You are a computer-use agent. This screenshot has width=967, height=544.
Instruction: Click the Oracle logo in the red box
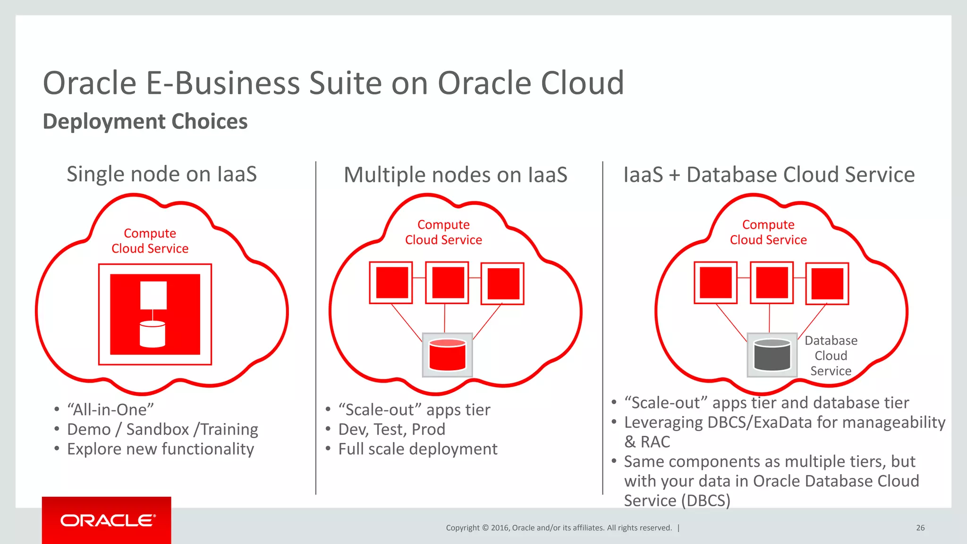108,520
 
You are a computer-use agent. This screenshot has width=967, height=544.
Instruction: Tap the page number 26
920,528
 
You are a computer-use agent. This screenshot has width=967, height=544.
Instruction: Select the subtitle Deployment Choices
145,121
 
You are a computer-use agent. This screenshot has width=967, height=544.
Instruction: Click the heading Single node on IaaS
161,174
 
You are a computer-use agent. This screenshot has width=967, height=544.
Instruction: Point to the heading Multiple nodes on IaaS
455,175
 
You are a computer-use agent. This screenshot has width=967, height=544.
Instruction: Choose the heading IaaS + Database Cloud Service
769,175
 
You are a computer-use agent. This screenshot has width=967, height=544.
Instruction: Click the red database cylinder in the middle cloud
447,355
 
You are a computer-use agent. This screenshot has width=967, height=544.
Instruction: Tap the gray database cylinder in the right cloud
772,355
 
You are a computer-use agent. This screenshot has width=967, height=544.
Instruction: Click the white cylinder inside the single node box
153,334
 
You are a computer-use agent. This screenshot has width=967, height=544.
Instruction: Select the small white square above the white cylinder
153,295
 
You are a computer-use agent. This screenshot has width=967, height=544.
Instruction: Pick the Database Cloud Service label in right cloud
831,356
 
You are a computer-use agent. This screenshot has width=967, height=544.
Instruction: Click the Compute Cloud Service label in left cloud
150,241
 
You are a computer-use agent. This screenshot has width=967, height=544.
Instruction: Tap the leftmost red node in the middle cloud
391,283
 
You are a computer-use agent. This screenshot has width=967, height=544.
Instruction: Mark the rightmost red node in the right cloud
827,283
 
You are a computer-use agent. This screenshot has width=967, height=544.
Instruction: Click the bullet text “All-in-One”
110,409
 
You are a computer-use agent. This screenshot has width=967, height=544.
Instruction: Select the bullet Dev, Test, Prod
391,429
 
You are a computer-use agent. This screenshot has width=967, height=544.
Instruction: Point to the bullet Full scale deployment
417,449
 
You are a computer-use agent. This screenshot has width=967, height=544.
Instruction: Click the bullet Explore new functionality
161,449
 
